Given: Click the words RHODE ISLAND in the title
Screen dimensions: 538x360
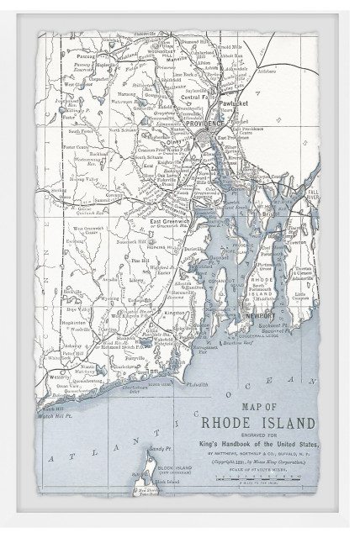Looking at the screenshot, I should click(x=257, y=421).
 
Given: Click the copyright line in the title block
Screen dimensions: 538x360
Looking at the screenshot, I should click(x=257, y=462).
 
